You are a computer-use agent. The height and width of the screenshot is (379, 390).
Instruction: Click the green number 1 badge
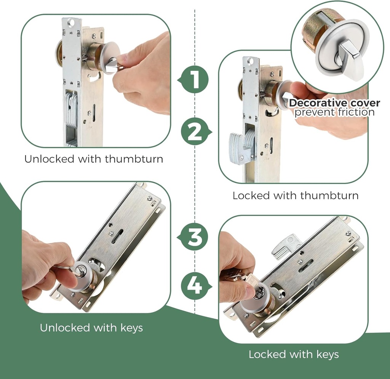coord(195,80)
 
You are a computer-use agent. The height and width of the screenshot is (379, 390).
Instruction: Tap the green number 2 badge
coord(195,131)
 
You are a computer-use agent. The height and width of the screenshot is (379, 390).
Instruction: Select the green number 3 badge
coord(195,237)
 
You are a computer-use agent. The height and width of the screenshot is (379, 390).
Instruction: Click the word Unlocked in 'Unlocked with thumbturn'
coord(49,159)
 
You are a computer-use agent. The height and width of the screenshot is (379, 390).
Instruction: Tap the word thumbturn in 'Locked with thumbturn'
coord(329,196)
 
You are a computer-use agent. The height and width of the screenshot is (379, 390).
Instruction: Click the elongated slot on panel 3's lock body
coord(117,236)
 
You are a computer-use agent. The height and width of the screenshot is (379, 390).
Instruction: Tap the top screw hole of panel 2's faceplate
coord(251,61)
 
